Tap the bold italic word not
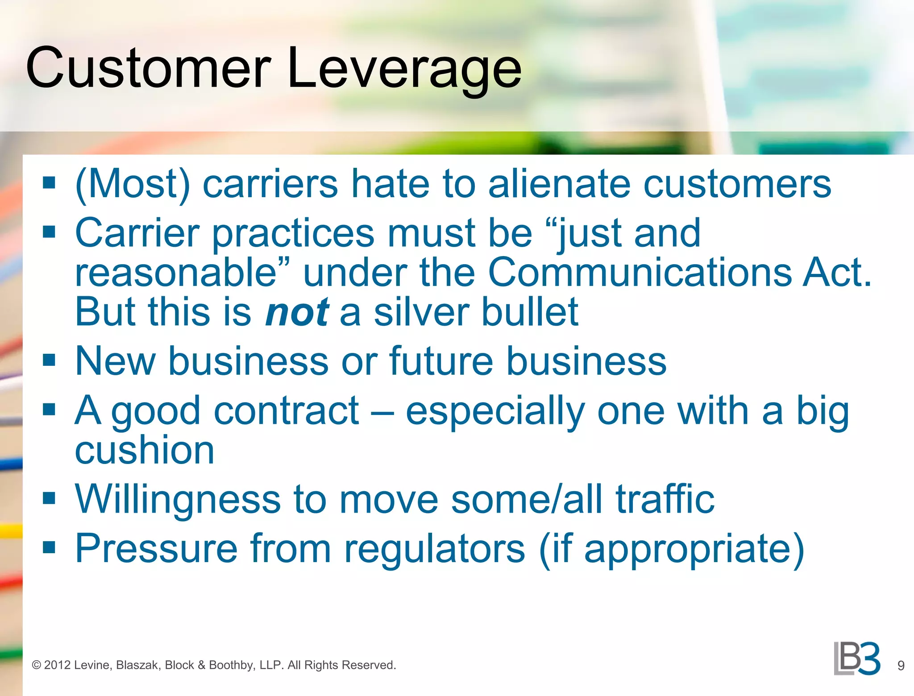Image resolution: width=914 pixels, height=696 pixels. (x=297, y=312)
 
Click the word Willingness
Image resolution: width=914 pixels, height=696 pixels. (x=178, y=499)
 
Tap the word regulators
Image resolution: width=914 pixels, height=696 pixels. (x=435, y=548)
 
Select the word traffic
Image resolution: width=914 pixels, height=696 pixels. (x=665, y=499)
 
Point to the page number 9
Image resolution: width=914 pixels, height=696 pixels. (x=901, y=666)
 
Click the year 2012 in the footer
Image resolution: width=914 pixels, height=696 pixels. (x=57, y=665)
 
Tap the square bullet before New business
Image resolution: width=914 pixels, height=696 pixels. (x=49, y=360)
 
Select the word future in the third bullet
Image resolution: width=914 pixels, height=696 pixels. (x=441, y=361)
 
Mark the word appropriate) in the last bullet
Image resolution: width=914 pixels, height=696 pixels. (x=694, y=549)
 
